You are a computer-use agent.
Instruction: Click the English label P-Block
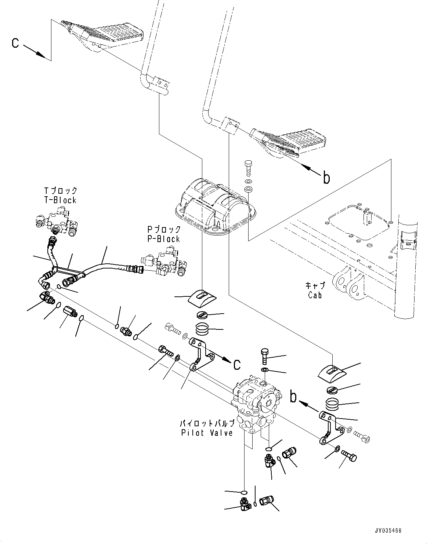[x=163, y=239]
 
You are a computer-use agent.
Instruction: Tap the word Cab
[x=315, y=295]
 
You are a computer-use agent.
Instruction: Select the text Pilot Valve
[x=207, y=433]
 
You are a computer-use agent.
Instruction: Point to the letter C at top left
[x=15, y=43]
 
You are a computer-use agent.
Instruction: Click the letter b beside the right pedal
[x=326, y=178]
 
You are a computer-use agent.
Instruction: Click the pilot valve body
[x=257, y=402]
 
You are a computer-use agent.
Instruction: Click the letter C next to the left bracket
[x=237, y=364]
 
